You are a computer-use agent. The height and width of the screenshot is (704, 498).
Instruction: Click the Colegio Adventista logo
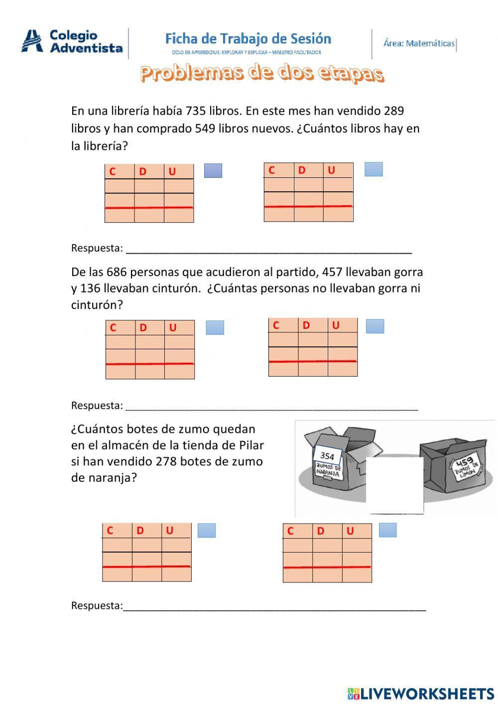pyautogui.click(x=72, y=41)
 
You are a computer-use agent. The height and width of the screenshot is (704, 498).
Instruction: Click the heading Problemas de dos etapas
pyautogui.click(x=262, y=73)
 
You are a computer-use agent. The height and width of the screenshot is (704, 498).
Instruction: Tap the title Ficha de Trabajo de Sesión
pyautogui.click(x=248, y=39)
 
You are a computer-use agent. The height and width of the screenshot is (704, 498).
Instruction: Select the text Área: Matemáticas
pyautogui.click(x=419, y=43)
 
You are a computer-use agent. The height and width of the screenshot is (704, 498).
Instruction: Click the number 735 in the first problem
pyautogui.click(x=195, y=111)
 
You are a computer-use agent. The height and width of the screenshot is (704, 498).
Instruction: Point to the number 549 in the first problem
pyautogui.click(x=205, y=129)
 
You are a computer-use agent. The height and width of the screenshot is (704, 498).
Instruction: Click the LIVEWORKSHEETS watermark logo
pyautogui.click(x=421, y=694)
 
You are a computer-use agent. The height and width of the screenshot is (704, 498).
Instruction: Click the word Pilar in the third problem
pyautogui.click(x=251, y=445)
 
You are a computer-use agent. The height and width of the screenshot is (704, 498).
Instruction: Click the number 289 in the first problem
pyautogui.click(x=394, y=111)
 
